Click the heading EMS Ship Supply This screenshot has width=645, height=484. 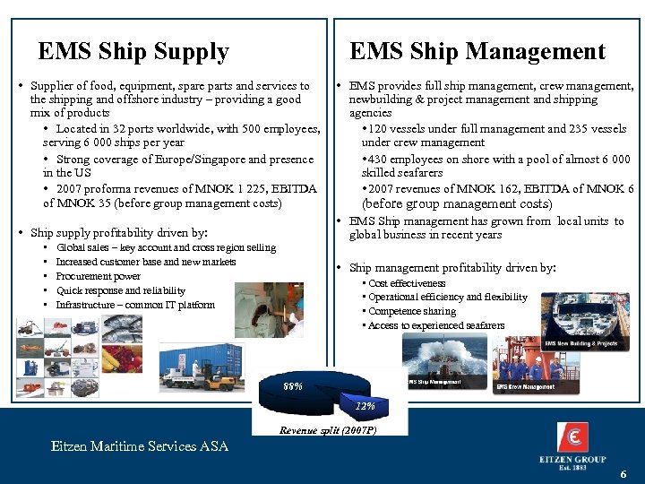pos(133,52)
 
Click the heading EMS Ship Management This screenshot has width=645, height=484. pos(477,52)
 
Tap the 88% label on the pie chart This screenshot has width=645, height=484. pos(293,386)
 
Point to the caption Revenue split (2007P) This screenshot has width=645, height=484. pos(328,430)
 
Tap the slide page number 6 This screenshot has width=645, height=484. pos(623,472)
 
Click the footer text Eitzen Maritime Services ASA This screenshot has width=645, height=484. pos(140,445)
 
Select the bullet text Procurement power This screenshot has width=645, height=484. pos(99,276)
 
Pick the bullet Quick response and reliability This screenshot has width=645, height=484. pos(121,290)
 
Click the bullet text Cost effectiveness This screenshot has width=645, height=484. pos(407,283)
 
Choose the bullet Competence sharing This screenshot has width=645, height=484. pos(412,311)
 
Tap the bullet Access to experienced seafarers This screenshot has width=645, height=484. pos(436,325)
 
